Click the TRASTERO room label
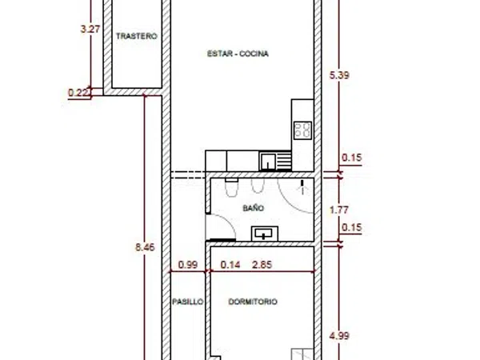[137, 36]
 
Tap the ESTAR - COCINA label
[238, 54]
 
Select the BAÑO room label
[253, 208]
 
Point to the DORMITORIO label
[253, 302]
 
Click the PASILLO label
[188, 302]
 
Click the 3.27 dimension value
[90, 30]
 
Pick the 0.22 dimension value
[79, 93]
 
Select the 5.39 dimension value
[339, 75]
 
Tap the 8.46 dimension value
[145, 247]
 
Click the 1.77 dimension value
[339, 210]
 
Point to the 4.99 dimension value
[339, 336]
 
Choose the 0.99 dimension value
[188, 265]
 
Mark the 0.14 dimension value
[230, 265]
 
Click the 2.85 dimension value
[262, 265]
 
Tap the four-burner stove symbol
[302, 130]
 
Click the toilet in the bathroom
[231, 187]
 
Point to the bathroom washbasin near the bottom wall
[265, 234]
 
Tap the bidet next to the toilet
[258, 186]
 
